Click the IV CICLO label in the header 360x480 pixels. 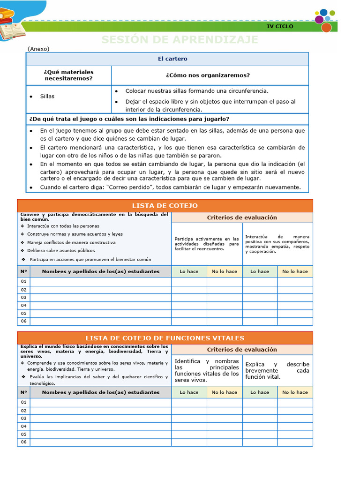pyautogui.click(x=280, y=26)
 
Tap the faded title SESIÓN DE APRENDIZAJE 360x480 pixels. pyautogui.click(x=180, y=40)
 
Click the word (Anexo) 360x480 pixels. pyautogui.click(x=38, y=48)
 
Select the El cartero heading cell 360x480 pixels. pyautogui.click(x=172, y=59)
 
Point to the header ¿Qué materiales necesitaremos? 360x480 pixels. pyautogui.click(x=68, y=75)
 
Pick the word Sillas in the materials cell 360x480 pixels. pyautogui.click(x=47, y=96)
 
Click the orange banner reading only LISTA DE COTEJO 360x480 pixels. pyautogui.click(x=165, y=205)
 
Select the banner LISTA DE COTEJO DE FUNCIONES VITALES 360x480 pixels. pyautogui.click(x=165, y=338)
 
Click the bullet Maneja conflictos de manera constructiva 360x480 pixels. pyautogui.click(x=71, y=242)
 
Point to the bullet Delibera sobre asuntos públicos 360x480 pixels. pyautogui.click(x=60, y=250)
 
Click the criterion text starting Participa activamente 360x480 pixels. pyautogui.click(x=206, y=244)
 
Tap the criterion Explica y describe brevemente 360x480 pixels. pyautogui.click(x=277, y=370)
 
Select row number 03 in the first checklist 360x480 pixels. pyautogui.click(x=23, y=297)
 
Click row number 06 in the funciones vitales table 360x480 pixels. pyautogui.click(x=23, y=442)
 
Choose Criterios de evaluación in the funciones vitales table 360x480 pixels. pyautogui.click(x=242, y=349)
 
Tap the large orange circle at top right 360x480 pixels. pyautogui.click(x=326, y=28)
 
